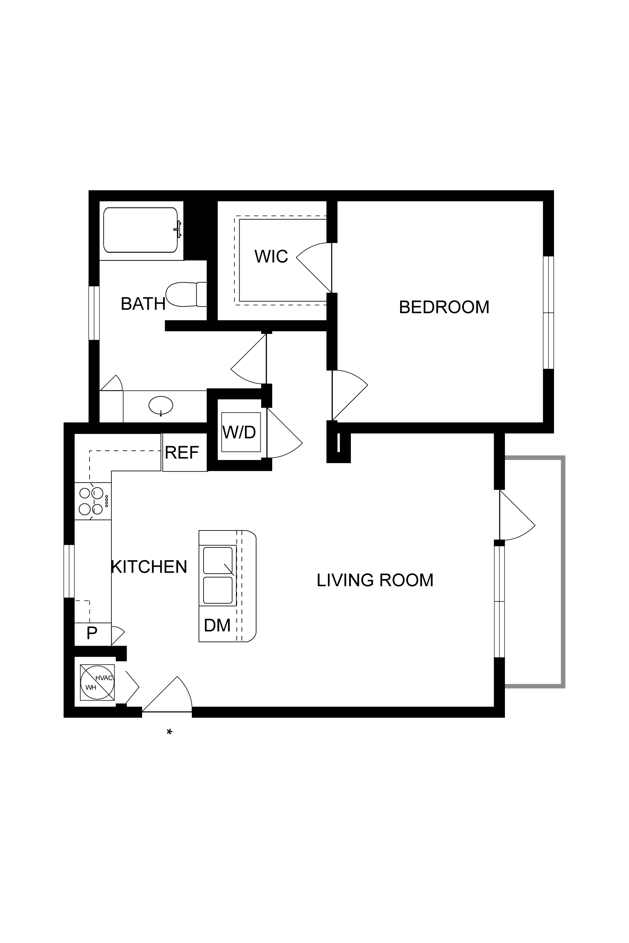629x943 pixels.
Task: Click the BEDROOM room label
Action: [x=444, y=307]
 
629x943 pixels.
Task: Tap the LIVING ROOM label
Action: [x=375, y=580]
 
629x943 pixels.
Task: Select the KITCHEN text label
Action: [x=149, y=567]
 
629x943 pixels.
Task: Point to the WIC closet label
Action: [x=271, y=257]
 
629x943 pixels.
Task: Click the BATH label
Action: [x=143, y=304]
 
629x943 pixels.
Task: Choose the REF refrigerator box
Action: [x=185, y=452]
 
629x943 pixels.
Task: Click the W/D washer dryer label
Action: [x=239, y=432]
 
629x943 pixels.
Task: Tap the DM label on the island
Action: [x=217, y=625]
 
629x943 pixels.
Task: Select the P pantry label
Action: [x=92, y=633]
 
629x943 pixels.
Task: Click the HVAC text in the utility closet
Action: [x=104, y=678]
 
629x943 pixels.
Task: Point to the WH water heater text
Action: [x=91, y=688]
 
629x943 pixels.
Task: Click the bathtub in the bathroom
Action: [x=141, y=230]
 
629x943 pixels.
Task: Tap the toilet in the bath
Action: [x=186, y=294]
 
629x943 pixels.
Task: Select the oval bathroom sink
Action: [x=161, y=405]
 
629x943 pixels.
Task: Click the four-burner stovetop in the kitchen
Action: [x=93, y=501]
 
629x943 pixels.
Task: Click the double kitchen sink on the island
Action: [x=218, y=575]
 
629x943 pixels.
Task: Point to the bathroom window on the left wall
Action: [x=94, y=313]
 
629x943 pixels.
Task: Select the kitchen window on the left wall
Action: [x=69, y=571]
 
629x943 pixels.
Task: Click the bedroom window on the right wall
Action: [x=548, y=312]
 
